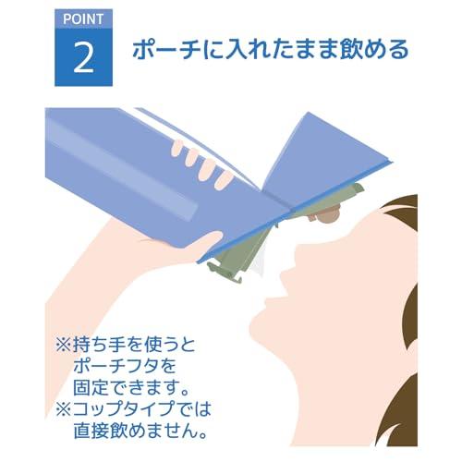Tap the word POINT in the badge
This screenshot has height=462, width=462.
(84, 18)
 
